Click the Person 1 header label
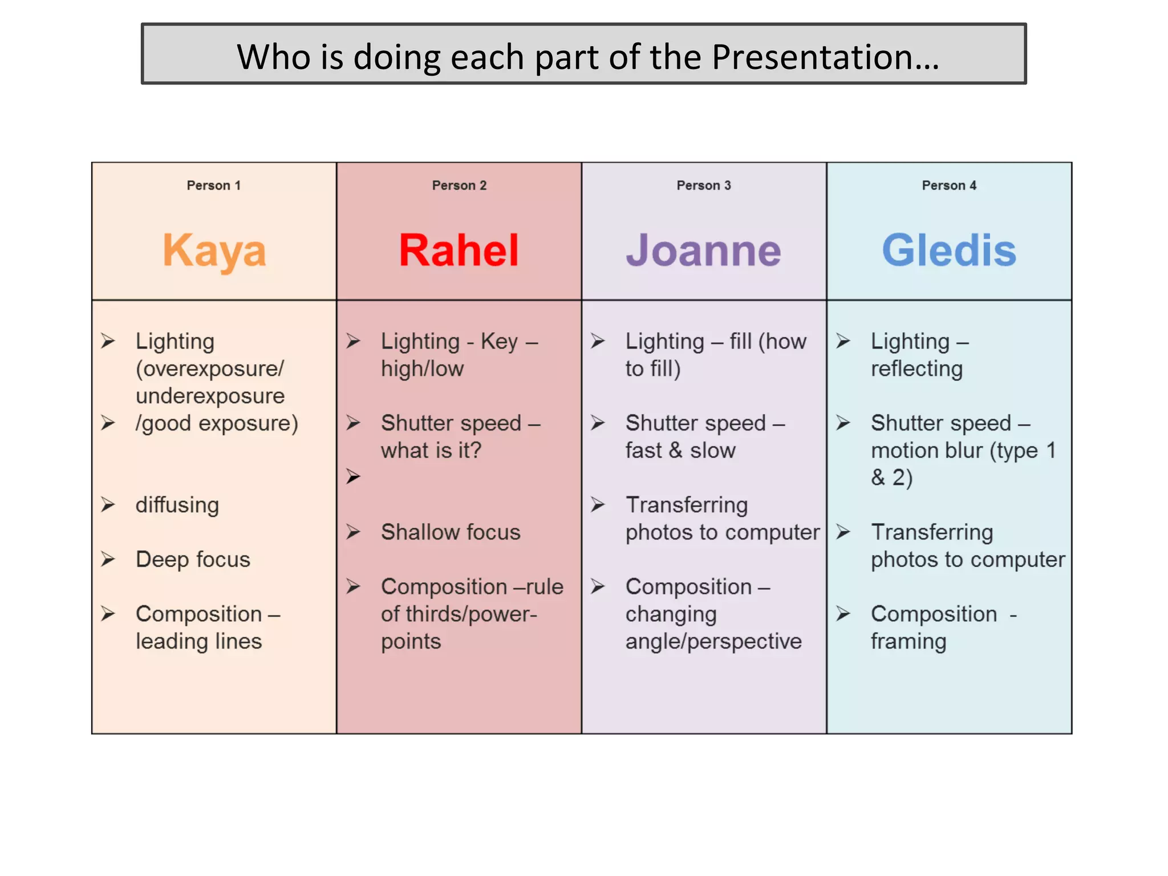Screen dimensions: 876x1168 214,185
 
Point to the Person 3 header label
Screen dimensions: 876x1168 704,185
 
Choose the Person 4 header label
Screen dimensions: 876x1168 949,185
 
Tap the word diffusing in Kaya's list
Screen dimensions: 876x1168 177,505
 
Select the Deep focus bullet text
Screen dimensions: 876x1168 193,559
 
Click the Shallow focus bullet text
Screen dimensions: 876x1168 451,532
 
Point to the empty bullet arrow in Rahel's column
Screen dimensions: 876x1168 354,476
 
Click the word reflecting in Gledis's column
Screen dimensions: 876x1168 916,369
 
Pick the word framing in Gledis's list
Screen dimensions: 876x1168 909,642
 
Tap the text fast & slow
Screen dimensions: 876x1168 680,451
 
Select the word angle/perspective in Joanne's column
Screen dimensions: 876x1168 713,642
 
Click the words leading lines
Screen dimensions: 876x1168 198,642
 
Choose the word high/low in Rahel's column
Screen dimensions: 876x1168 422,369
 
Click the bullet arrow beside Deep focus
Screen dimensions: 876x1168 108,559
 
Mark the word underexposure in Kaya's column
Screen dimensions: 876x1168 210,396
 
